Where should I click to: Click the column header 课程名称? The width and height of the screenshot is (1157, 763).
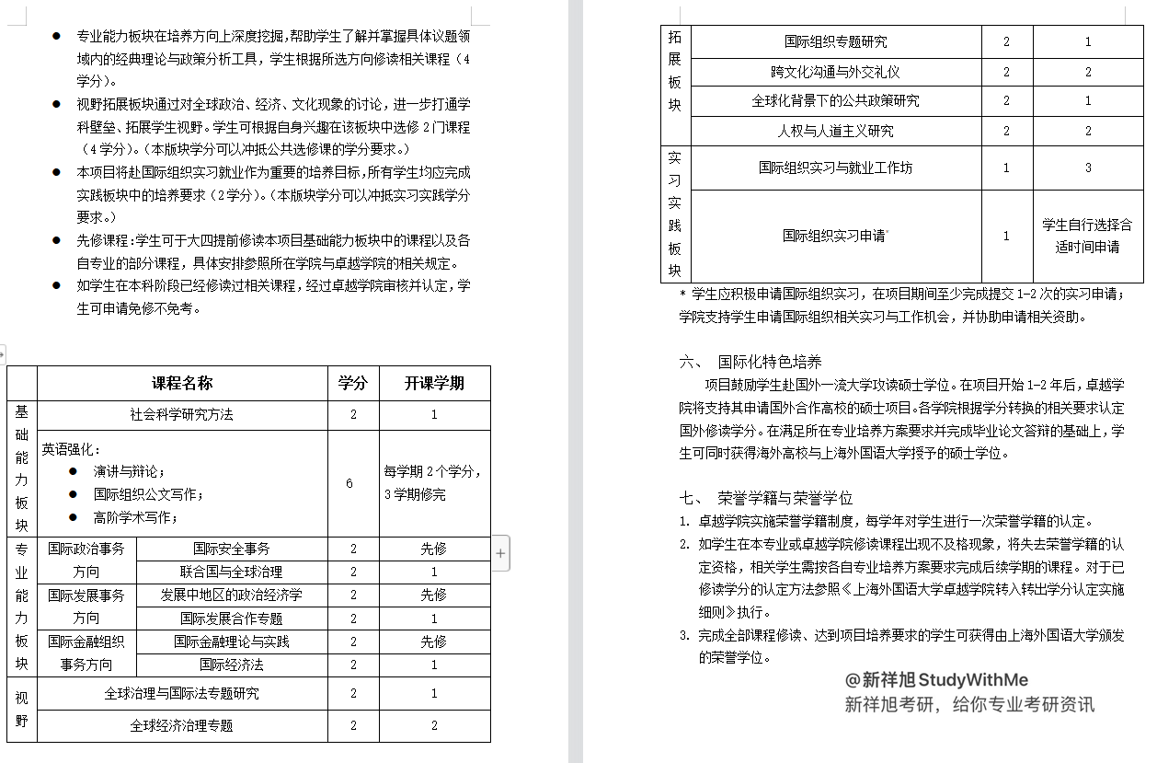[x=182, y=383]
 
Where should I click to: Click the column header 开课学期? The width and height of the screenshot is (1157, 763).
[x=434, y=383]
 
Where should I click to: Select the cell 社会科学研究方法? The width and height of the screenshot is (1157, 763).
[x=182, y=415]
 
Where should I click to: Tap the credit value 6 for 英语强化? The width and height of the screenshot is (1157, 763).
[x=349, y=483]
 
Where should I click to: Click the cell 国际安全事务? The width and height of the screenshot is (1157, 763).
[x=232, y=549]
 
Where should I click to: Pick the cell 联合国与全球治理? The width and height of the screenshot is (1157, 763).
[x=232, y=572]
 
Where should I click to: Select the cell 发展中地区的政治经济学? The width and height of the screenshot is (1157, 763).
[x=232, y=595]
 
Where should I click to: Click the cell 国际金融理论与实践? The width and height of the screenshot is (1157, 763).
[x=232, y=642]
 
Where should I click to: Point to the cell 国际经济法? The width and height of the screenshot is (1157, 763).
[x=232, y=665]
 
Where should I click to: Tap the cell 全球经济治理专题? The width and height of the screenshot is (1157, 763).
[x=182, y=725]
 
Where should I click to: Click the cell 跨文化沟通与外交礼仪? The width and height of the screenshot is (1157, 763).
[x=835, y=72]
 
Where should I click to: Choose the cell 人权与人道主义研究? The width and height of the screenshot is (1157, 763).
[x=835, y=131]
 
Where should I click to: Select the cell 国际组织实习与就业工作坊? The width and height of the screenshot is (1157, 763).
[x=835, y=168]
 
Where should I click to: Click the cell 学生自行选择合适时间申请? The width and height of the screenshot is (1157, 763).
[x=1087, y=236]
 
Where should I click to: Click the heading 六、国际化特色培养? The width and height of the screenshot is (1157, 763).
[x=750, y=362]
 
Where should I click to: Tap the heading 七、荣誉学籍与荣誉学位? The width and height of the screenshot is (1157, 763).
[x=766, y=498]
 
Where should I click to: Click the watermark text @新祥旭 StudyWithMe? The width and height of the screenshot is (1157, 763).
[x=936, y=680]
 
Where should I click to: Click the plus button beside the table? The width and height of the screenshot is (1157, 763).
[x=500, y=553]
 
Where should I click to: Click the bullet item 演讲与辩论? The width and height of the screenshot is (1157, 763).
[x=129, y=471]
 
